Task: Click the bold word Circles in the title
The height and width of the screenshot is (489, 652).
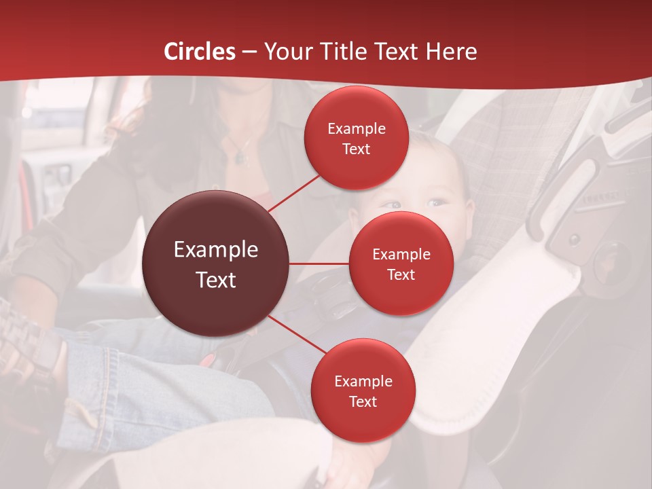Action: tap(200, 52)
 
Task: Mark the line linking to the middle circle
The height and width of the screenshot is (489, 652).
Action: tap(319, 264)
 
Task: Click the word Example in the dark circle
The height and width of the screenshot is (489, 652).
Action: tap(216, 250)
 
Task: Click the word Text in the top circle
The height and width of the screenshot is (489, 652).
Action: tap(356, 149)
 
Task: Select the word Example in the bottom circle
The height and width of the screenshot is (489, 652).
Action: tap(363, 381)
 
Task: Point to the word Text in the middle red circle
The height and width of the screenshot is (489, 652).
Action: tap(401, 274)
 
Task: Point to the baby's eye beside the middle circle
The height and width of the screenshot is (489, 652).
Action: tap(433, 202)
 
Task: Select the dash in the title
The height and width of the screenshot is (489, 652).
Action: tap(249, 52)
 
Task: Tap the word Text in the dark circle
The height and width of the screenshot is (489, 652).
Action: tap(216, 280)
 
